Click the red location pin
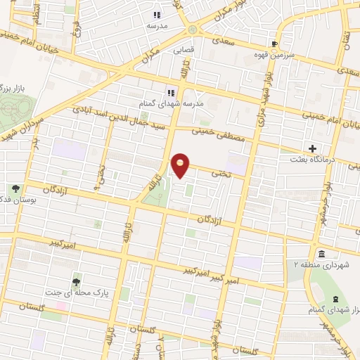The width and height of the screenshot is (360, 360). click(x=181, y=166)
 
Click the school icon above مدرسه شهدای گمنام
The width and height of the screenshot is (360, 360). click(x=169, y=92)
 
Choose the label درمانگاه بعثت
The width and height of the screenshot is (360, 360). click(x=316, y=160)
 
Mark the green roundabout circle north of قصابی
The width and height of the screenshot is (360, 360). click(x=193, y=30)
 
